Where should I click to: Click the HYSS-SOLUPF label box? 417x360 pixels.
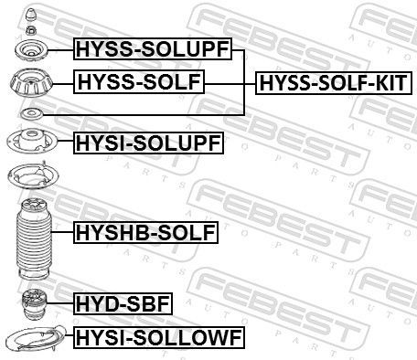[x=152, y=49]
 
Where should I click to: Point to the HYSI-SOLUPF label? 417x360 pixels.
[x=146, y=142]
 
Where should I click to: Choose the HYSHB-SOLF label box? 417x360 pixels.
[x=146, y=234]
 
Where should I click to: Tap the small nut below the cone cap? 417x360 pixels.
[x=30, y=30]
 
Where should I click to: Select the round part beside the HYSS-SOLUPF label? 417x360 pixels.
[x=30, y=49]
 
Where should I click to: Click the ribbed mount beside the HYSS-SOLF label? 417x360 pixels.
[x=30, y=85]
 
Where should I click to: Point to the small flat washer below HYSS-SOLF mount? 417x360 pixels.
[x=30, y=113]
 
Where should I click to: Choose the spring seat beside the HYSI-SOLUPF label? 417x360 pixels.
[x=30, y=142]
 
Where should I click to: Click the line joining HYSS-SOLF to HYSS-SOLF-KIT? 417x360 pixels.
[x=229, y=84]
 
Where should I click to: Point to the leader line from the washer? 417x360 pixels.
[x=137, y=113]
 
